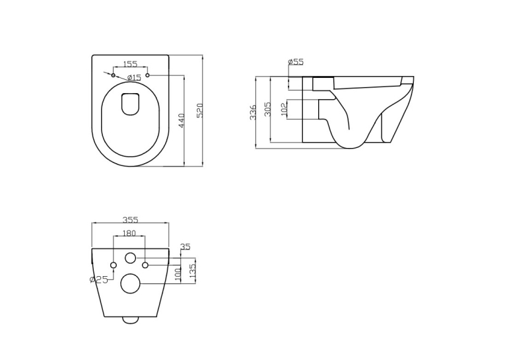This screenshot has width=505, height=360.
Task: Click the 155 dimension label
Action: pos(130,64)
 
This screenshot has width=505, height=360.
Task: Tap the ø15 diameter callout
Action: pos(134,77)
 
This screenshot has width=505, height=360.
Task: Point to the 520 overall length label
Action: pos(199,110)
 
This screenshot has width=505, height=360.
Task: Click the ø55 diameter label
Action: pos(296,61)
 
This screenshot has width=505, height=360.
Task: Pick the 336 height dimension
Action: pos(253,112)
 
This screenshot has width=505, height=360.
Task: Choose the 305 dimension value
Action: pos(267,109)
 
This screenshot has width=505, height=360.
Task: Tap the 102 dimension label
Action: pos(284,109)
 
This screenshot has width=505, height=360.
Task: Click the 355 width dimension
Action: pos(130,220)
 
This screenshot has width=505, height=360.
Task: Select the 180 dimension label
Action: pos(129,233)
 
